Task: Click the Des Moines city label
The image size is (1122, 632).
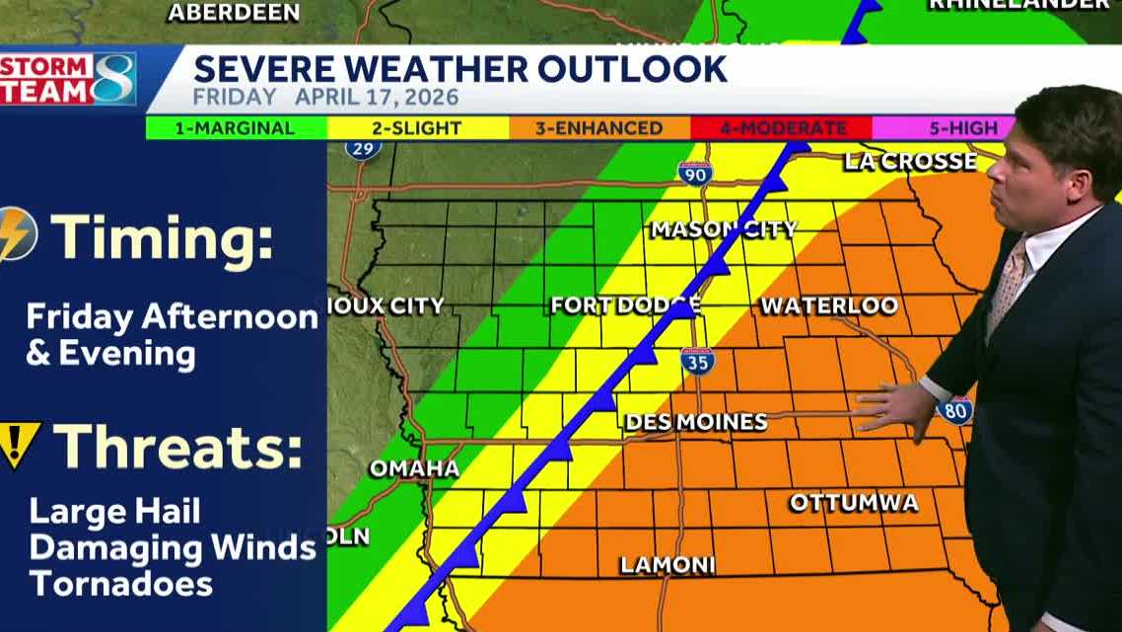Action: [695, 422]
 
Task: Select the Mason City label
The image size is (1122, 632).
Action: [723, 230]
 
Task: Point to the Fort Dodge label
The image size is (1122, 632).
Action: [624, 306]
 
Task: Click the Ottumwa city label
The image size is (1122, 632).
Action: [854, 503]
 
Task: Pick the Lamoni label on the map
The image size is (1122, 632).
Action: [666, 565]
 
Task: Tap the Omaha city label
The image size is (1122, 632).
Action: [414, 468]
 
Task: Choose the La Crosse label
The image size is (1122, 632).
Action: [910, 162]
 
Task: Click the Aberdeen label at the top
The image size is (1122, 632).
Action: [234, 13]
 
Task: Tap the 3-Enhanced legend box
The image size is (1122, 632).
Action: [599, 128]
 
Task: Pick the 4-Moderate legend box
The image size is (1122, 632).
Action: [781, 128]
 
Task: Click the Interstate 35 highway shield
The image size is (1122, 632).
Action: [696, 361]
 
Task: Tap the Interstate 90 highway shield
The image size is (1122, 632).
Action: [694, 174]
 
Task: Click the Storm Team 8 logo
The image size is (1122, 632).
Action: [67, 79]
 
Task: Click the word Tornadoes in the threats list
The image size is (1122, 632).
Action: [120, 583]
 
